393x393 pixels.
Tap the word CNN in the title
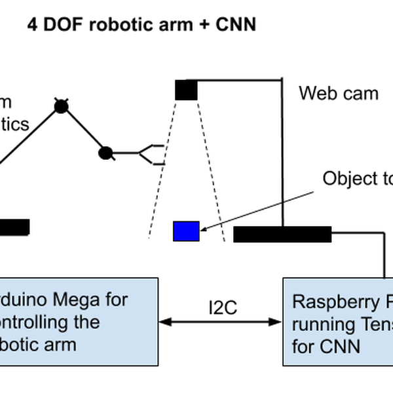[x=233, y=25]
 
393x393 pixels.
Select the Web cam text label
[x=339, y=93]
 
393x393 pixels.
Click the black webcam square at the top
[x=186, y=90]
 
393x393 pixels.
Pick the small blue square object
[x=186, y=231]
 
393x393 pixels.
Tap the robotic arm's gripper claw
[x=152, y=153]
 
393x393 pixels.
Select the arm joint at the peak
[x=61, y=106]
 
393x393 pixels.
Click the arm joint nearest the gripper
[x=105, y=154]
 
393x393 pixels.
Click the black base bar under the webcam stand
[x=282, y=234]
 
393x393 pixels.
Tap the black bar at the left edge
[x=14, y=227]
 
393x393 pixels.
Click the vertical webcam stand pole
[x=282, y=151]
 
